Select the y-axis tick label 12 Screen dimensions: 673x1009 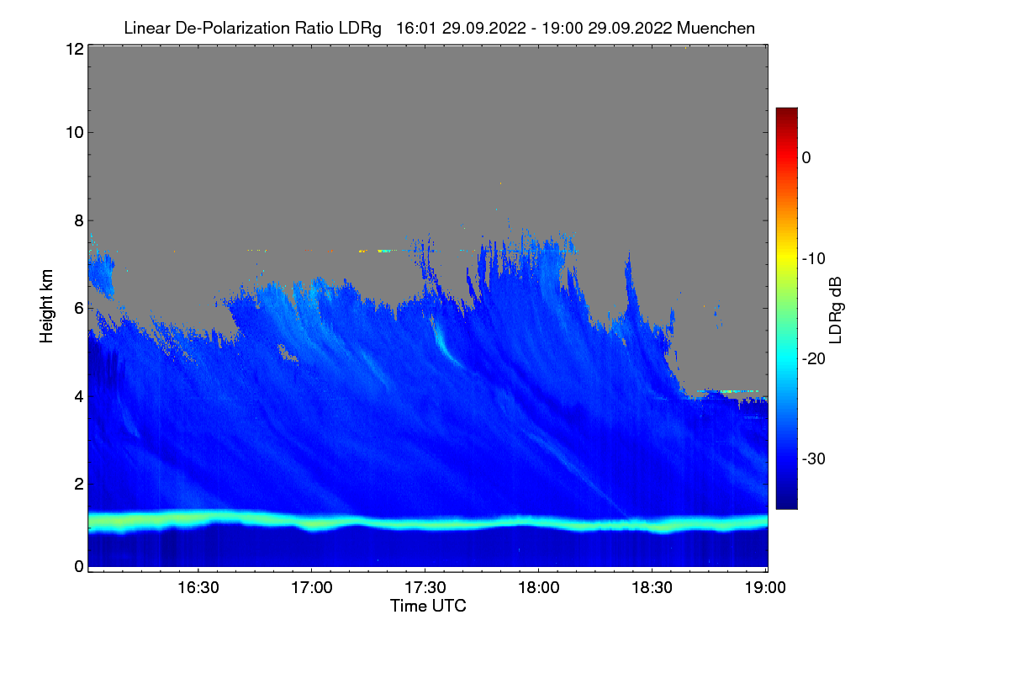(73, 49)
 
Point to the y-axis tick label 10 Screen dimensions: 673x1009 (73, 132)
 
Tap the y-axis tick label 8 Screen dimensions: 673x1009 (77, 220)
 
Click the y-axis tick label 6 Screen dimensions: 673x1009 (77, 308)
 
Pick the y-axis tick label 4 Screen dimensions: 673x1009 (77, 395)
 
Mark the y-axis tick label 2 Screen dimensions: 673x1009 (77, 483)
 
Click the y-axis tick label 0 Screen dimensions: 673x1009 (77, 566)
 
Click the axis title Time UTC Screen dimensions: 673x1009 (428, 606)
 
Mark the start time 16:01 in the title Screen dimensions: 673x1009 (412, 28)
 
